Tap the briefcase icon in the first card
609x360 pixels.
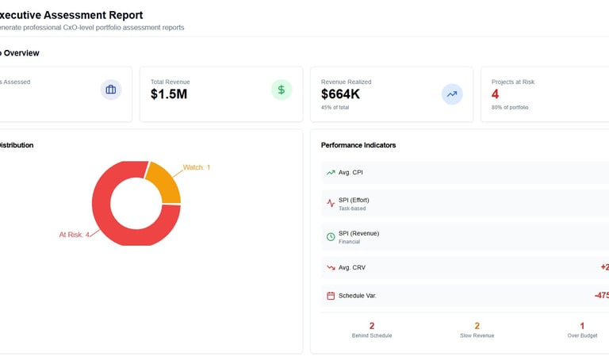111,90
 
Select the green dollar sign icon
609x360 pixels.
281,90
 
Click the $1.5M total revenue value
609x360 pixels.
169,94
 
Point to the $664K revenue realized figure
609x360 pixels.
340,94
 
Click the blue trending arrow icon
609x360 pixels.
452,94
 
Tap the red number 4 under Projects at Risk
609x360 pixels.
496,94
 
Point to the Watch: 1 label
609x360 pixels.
197,167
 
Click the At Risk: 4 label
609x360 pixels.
75,234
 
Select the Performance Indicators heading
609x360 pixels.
358,145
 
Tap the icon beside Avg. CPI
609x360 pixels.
331,172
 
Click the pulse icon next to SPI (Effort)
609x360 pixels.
331,203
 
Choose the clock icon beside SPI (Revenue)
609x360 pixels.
331,236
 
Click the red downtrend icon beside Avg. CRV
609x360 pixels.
331,268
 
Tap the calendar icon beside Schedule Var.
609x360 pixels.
331,296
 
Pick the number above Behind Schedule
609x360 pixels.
372,326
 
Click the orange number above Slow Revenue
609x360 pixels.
477,326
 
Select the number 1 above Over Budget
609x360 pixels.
582,326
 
